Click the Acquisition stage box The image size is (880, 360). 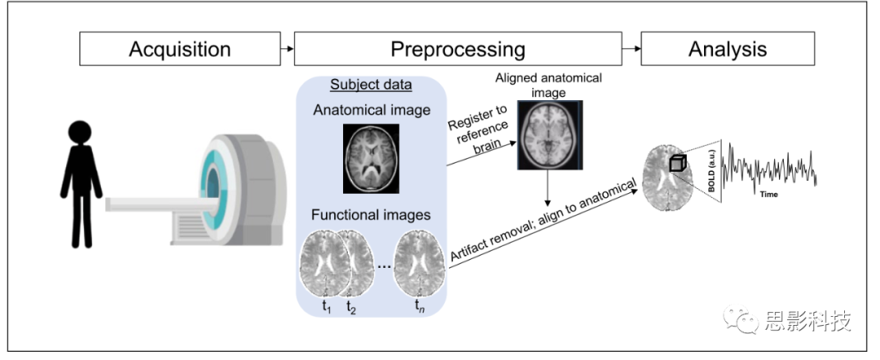[179, 49]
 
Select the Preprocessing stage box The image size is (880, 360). [457, 49]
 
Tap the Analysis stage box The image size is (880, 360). [727, 49]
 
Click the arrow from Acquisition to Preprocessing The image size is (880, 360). [286, 49]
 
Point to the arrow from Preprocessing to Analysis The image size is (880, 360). [631, 49]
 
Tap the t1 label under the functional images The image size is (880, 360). [326, 309]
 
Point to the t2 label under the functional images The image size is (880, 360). [351, 309]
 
